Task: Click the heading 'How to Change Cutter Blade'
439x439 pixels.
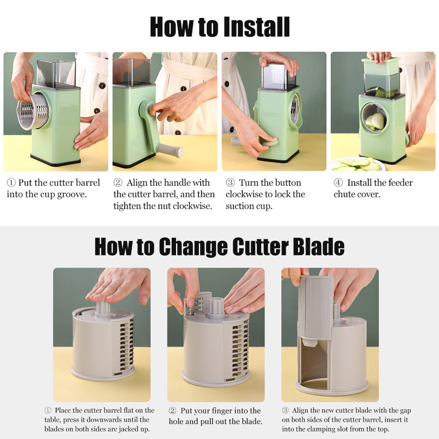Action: tap(219, 247)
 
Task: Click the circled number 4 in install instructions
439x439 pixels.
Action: tap(338, 183)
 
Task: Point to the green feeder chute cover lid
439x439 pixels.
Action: tap(381, 67)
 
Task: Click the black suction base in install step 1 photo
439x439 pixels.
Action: tap(55, 161)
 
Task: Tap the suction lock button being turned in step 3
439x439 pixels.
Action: tap(270, 143)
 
